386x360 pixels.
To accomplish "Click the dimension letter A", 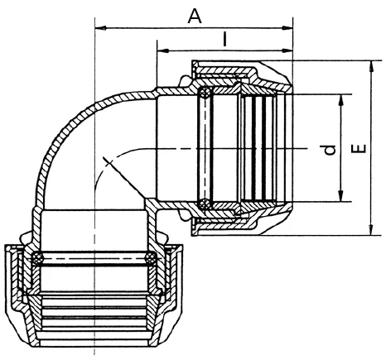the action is coord(195,16).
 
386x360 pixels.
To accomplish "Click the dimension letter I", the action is coord(225,39).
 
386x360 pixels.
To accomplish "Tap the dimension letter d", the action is coord(330,149).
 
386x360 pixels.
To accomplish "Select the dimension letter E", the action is coord(359,148).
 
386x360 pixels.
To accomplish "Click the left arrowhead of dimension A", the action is coord(100,28).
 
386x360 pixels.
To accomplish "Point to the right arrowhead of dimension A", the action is coord(287,28).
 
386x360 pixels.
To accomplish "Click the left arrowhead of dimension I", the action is coord(162,50).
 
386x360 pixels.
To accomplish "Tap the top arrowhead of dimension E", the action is coord(372,66).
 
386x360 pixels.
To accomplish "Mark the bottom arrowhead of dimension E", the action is coord(372,230).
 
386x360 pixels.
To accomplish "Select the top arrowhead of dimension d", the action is coord(341,100).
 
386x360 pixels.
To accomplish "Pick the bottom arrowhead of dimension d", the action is coord(341,196).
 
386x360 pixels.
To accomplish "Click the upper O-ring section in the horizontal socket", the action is coord(205,93).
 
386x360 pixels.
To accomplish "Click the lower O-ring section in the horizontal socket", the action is coord(205,204).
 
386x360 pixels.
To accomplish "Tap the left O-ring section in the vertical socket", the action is coord(37,258).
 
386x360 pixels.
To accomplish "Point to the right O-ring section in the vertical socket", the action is coord(151,257).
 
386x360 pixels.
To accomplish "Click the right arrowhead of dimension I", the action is coord(287,50).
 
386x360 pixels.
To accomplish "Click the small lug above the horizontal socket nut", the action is coord(186,81).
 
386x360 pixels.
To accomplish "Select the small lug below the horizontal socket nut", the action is coord(185,215).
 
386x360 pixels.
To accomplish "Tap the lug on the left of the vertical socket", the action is coord(25,238).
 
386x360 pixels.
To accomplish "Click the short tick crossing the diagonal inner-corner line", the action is coord(108,162).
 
